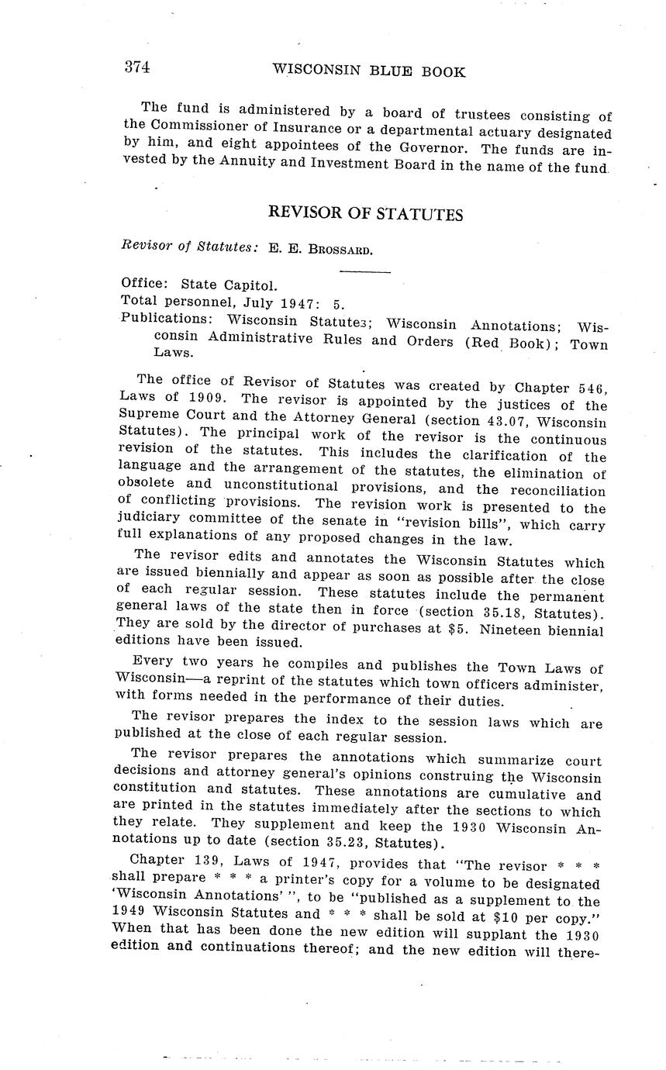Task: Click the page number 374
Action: coord(136,67)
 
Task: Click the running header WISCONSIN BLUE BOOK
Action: coord(369,71)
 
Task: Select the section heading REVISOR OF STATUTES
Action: coord(365,214)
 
